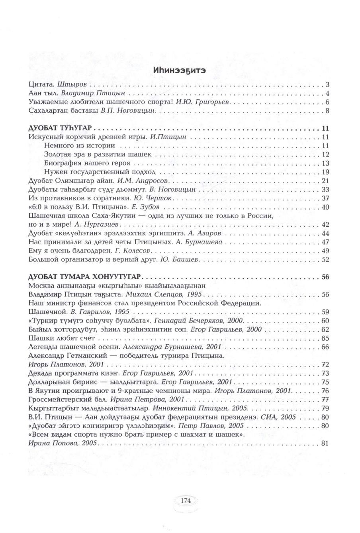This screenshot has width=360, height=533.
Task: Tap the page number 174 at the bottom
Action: click(186, 500)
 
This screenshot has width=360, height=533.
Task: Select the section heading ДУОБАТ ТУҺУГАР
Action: click(61, 129)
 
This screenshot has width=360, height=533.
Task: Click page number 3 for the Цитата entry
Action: click(327, 85)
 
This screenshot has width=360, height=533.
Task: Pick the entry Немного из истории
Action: click(79, 146)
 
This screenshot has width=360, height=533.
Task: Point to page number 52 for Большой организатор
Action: click(325, 260)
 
